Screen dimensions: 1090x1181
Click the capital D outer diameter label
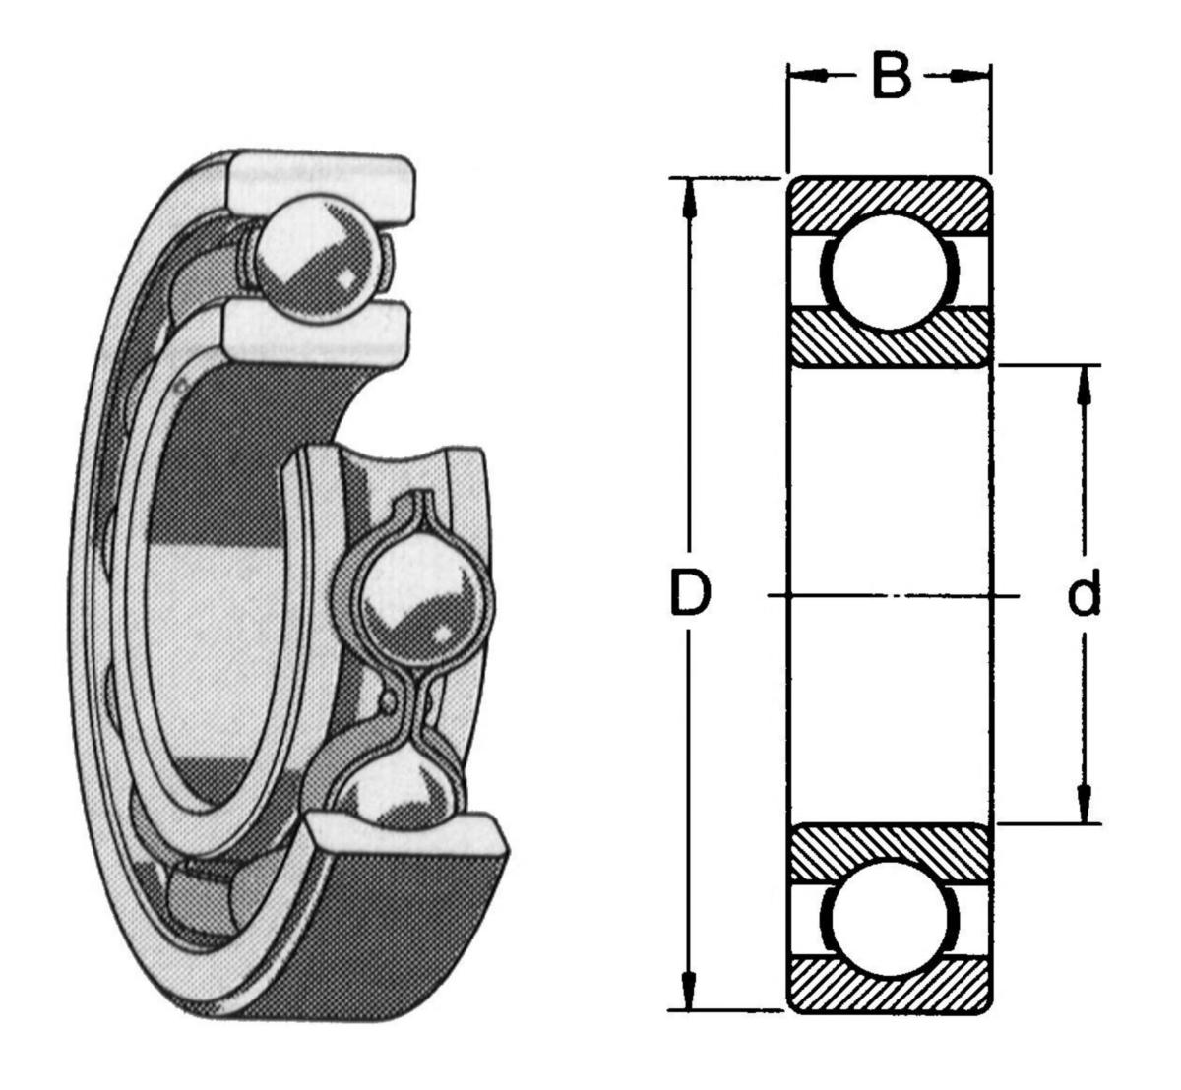(690, 593)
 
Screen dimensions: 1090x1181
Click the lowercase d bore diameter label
(1085, 594)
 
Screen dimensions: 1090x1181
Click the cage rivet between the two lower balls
(390, 700)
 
